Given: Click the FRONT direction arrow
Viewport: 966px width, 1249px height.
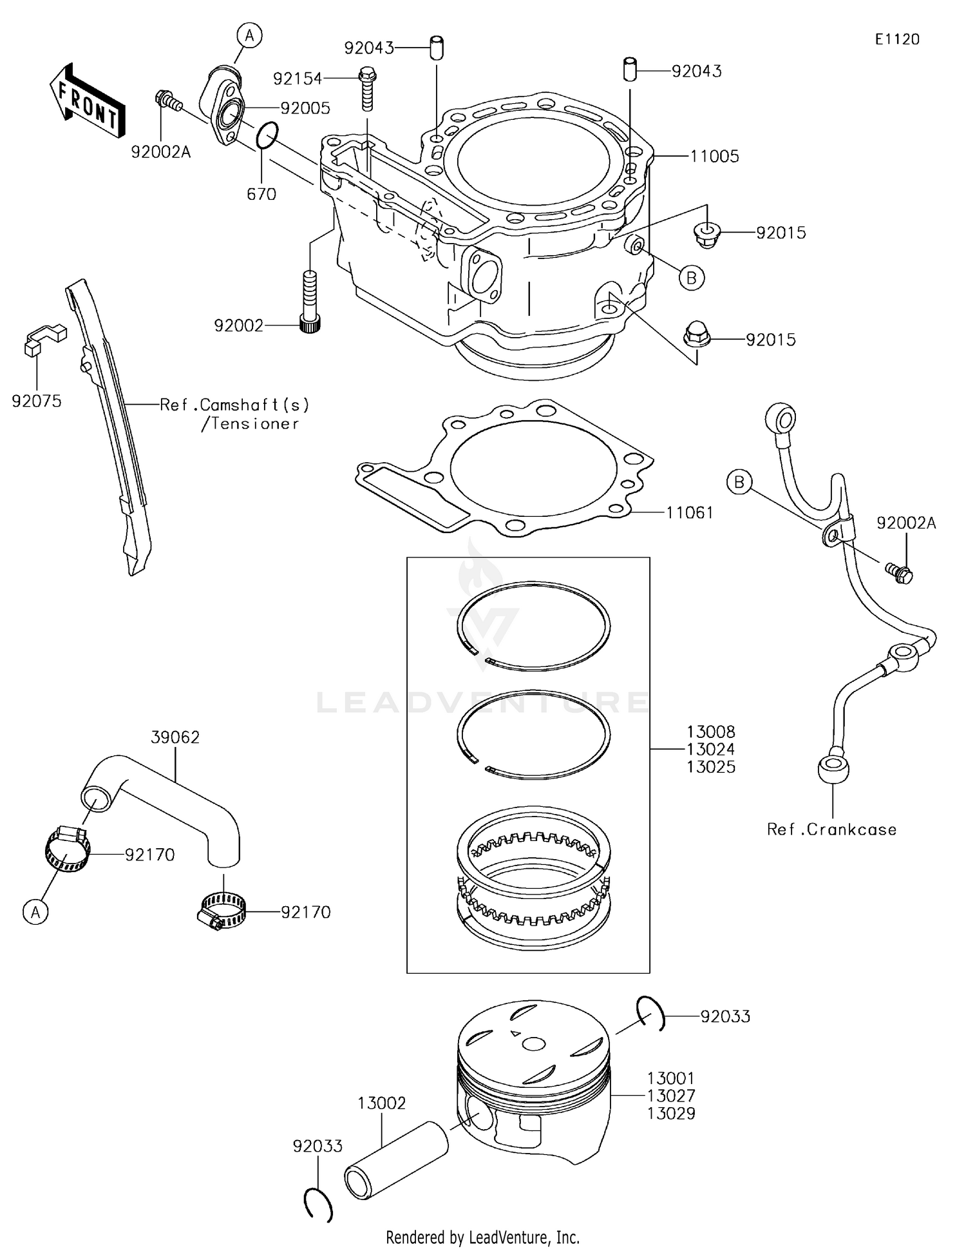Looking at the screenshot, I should point(87,102).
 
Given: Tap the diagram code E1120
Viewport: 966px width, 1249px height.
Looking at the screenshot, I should point(896,39).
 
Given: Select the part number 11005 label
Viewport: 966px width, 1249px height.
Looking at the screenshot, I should point(714,157).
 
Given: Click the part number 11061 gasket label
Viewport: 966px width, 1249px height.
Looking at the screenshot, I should point(689,513).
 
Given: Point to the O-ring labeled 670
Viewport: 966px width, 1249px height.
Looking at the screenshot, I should point(267,135).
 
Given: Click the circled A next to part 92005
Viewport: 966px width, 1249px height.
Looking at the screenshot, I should point(250,36).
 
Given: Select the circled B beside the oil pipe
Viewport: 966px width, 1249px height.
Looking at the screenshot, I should point(739,482).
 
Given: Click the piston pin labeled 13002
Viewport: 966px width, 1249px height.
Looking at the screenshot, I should point(395,1160).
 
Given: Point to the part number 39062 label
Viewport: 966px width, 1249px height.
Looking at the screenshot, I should point(175,737).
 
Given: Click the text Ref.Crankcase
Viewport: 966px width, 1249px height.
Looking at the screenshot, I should point(831,829).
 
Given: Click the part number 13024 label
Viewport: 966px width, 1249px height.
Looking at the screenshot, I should point(710,750).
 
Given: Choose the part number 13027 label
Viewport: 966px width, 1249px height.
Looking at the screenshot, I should point(670,1096).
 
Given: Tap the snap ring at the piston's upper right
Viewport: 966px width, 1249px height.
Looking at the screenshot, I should point(650,1012).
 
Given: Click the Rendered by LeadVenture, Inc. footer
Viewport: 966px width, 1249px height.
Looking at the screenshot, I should point(482,1237).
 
